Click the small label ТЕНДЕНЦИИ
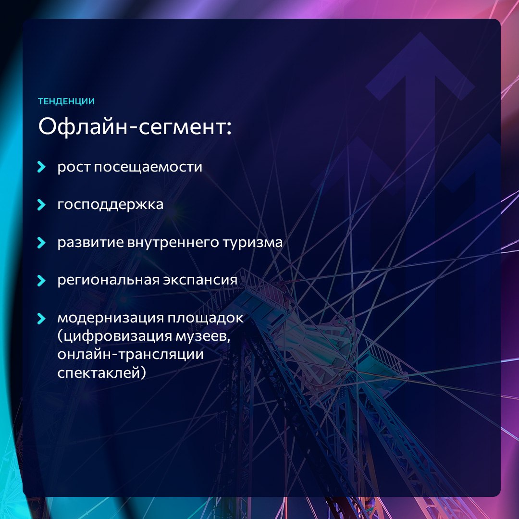(66, 101)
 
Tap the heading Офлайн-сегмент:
(135, 126)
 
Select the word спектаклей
(101, 373)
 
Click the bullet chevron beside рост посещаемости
(41, 167)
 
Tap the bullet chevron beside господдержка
(41, 205)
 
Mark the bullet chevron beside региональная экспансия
(41, 280)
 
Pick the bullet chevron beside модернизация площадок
(41, 319)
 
